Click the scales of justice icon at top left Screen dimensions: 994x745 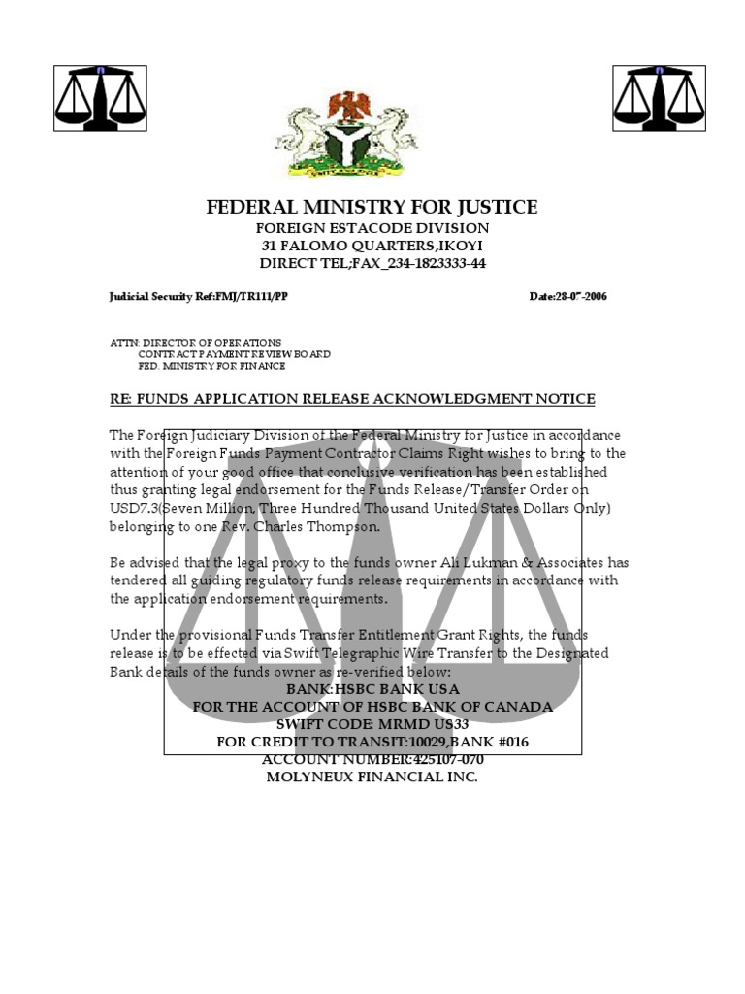tap(99, 98)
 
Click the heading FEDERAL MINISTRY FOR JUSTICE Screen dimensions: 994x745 tap(372, 207)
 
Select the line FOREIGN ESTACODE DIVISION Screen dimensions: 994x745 tap(372, 228)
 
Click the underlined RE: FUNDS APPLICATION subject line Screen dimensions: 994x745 tap(352, 399)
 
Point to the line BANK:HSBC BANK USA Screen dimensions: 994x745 tap(372, 688)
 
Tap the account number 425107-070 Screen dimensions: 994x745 tap(428, 759)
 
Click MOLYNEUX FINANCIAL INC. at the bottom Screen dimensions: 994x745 tap(372, 778)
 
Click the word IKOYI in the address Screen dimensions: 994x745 tap(468, 246)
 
